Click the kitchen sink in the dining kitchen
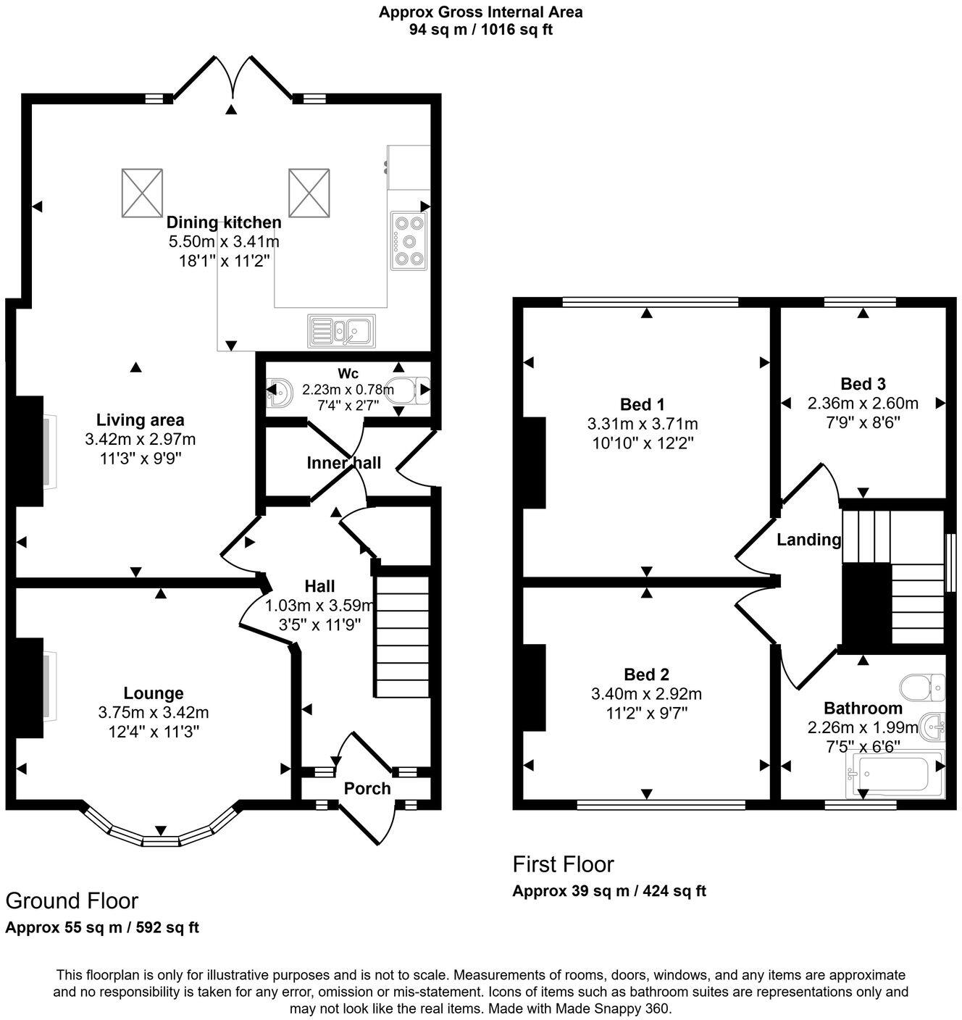(x=340, y=331)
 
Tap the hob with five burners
(x=409, y=241)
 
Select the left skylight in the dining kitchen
(x=142, y=192)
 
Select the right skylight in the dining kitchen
(x=309, y=192)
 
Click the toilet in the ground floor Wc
(x=410, y=390)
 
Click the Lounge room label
(x=153, y=693)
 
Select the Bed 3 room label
(x=863, y=384)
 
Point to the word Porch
(x=367, y=788)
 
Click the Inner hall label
(x=343, y=463)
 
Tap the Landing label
(x=808, y=540)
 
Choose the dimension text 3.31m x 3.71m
(x=643, y=424)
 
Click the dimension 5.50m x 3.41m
(x=224, y=241)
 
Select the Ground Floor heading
(x=72, y=900)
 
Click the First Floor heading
(x=563, y=864)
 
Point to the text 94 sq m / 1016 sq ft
(x=481, y=30)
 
